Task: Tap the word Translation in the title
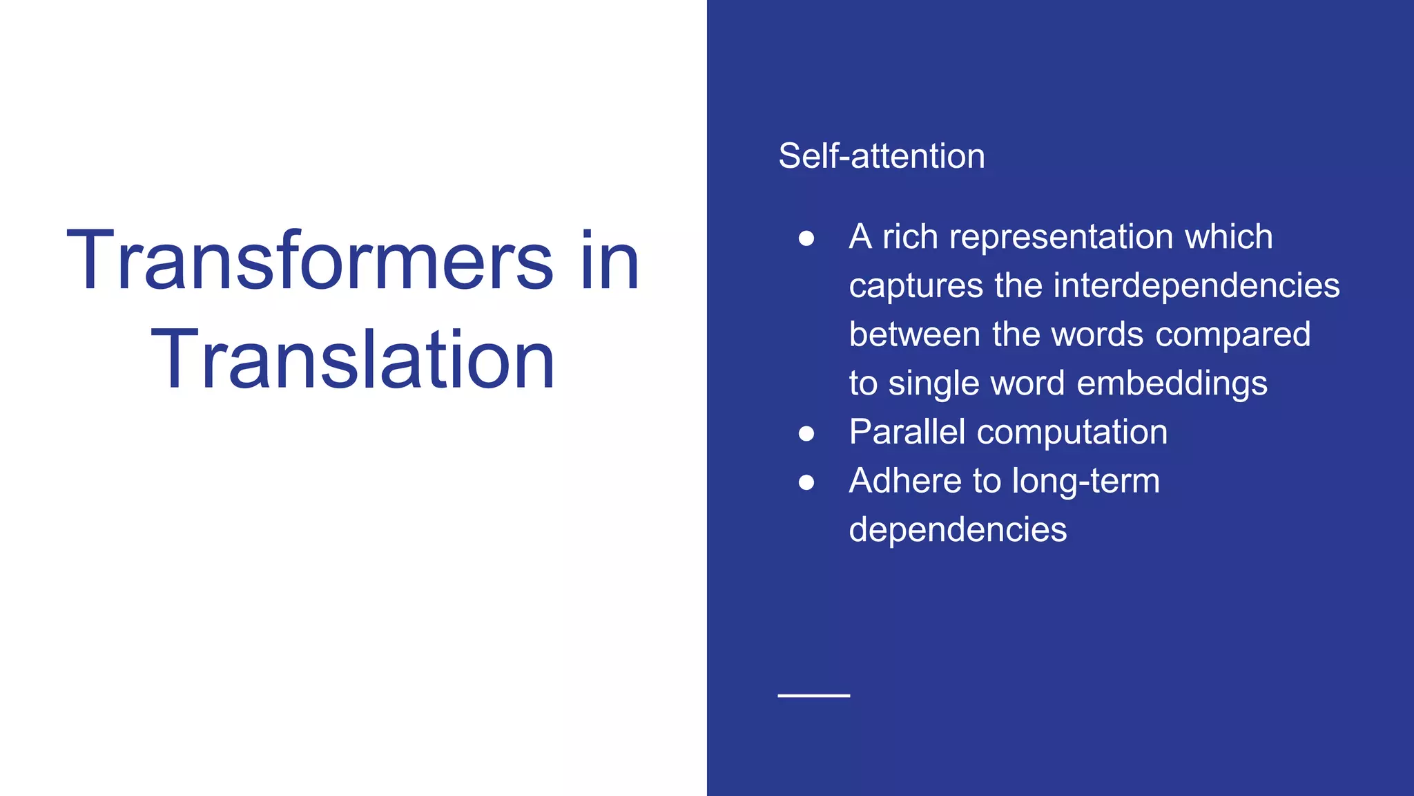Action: [x=353, y=360]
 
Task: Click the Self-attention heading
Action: [x=881, y=156]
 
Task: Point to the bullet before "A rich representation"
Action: [x=806, y=238]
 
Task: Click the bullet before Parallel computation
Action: [x=806, y=433]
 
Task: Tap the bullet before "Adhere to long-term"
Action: [x=806, y=482]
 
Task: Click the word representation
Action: [x=1061, y=238]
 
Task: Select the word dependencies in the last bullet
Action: [x=958, y=530]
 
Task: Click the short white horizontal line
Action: [x=813, y=695]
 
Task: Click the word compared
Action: [x=1232, y=335]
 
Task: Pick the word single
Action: [x=933, y=384]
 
